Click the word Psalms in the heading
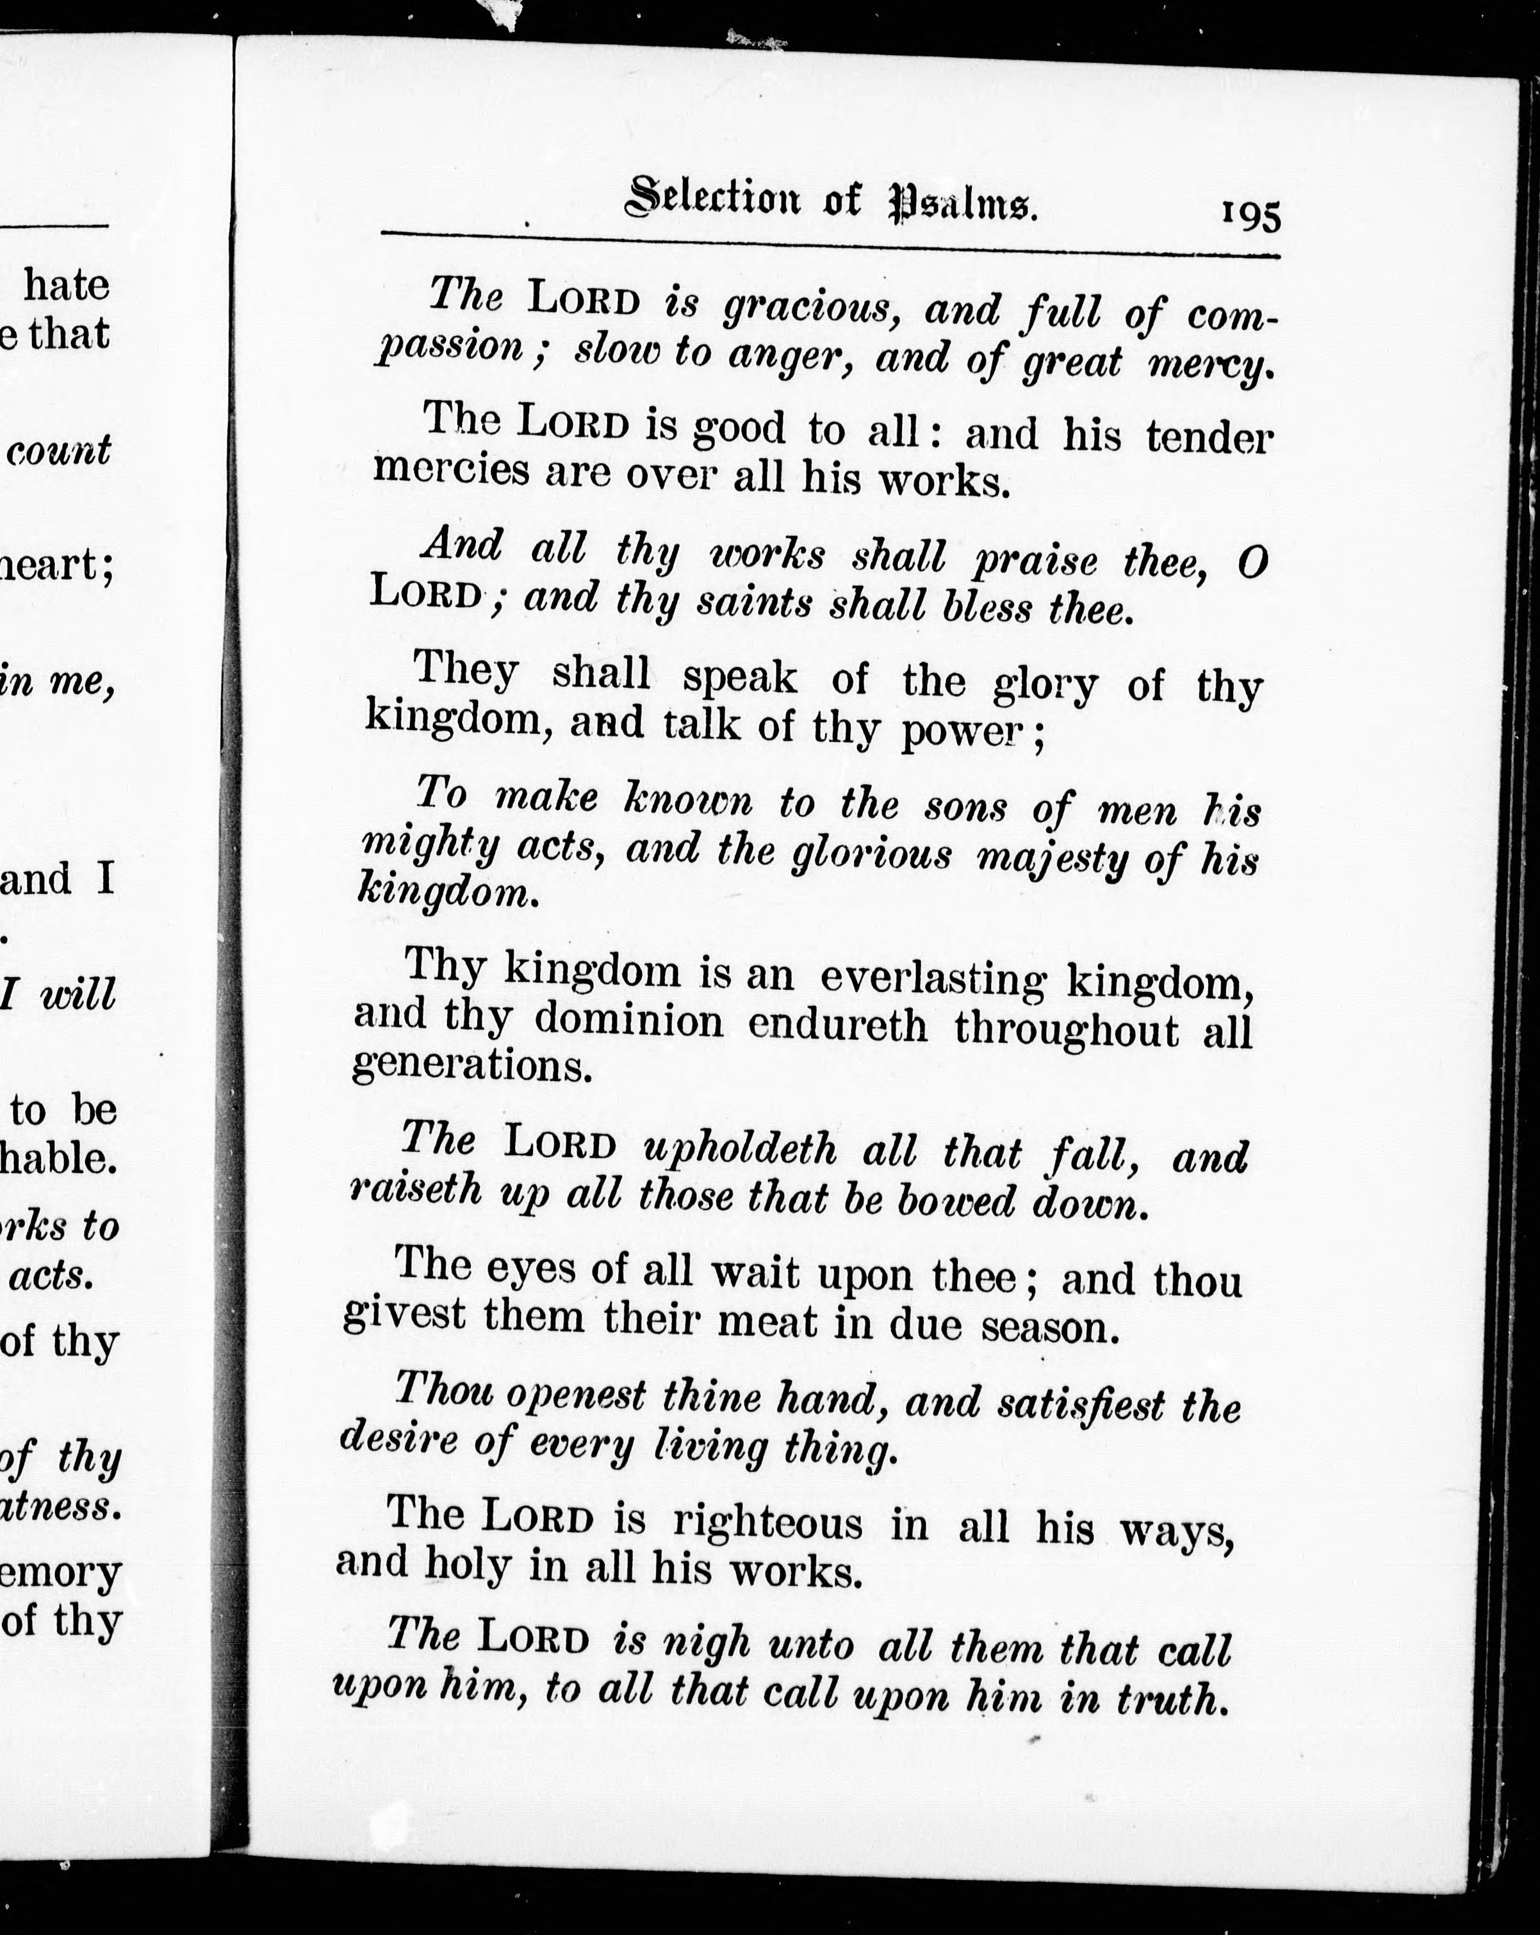pyautogui.click(x=963, y=206)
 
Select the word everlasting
pyautogui.click(x=932, y=979)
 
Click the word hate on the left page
pyautogui.click(x=67, y=286)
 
